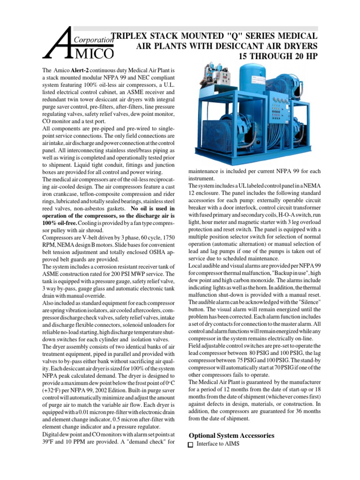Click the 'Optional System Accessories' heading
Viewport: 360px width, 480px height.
[231, 435]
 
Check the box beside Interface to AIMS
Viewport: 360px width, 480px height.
[190, 444]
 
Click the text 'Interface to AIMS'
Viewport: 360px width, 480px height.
[218, 444]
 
